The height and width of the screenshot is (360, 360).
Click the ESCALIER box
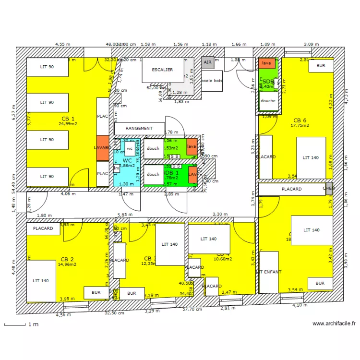click(x=162, y=70)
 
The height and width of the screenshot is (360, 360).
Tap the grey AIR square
click(x=207, y=62)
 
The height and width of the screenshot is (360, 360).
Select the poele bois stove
click(x=212, y=81)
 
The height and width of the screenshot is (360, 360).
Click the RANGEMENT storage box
click(x=139, y=129)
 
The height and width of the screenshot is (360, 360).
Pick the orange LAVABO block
click(x=102, y=147)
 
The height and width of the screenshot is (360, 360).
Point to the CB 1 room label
click(x=68, y=118)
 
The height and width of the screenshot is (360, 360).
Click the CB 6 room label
click(x=300, y=120)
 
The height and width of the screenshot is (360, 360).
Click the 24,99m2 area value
click(x=68, y=124)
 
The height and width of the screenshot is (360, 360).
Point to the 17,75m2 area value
click(x=300, y=126)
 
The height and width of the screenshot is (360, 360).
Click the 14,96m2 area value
click(x=67, y=264)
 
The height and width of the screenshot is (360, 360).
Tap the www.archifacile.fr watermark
click(x=334, y=324)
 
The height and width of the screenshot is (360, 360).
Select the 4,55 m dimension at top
click(x=63, y=44)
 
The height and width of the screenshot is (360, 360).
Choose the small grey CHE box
click(x=329, y=188)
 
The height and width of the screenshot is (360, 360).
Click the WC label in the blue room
click(x=127, y=160)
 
